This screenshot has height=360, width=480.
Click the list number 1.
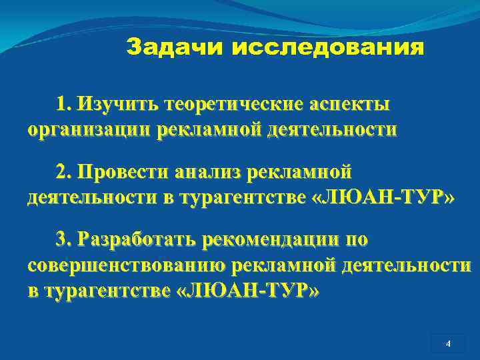pyautogui.click(x=63, y=105)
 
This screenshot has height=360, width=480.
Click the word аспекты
pyautogui.click(x=351, y=105)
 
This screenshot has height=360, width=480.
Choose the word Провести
pyautogui.click(x=121, y=173)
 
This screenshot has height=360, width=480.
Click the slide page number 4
pyautogui.click(x=448, y=344)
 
